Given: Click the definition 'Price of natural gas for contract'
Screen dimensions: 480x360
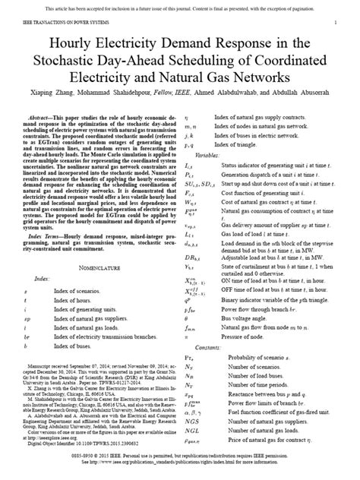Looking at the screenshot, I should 273,434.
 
